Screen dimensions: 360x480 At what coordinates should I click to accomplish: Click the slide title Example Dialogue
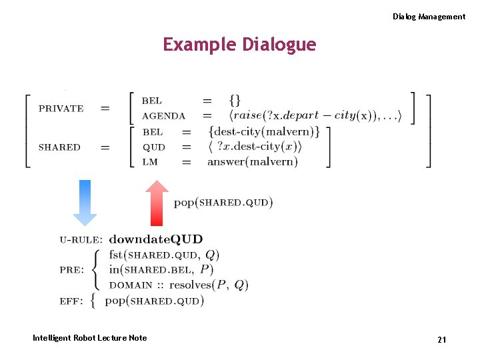(239, 45)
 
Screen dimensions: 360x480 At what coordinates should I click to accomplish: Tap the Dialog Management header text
(429, 17)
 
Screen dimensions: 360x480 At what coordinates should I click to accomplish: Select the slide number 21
(441, 340)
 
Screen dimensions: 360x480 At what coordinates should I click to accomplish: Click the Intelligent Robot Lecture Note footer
(89, 338)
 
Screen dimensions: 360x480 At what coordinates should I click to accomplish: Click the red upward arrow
(157, 203)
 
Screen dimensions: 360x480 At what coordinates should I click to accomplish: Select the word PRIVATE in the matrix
(61, 108)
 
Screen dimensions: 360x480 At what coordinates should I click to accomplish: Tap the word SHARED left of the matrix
(59, 147)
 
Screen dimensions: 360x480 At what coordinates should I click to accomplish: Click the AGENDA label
(163, 116)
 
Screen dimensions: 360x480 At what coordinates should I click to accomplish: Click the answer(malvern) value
(253, 162)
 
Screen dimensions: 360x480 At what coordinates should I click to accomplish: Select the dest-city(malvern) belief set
(264, 132)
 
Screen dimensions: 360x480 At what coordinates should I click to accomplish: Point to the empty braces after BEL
(235, 101)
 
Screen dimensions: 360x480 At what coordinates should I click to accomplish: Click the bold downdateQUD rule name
(156, 239)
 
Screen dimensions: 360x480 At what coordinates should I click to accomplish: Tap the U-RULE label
(81, 239)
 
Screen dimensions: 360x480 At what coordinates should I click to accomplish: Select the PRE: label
(71, 270)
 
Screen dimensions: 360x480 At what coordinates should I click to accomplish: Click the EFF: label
(71, 301)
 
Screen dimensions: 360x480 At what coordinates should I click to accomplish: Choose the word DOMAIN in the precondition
(131, 285)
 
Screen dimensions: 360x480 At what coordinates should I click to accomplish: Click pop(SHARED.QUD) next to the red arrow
(223, 202)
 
